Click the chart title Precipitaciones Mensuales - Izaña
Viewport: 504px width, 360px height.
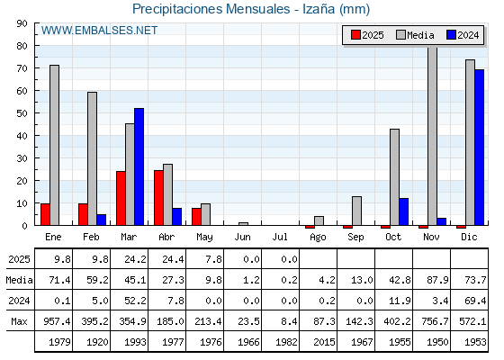coord(251,9)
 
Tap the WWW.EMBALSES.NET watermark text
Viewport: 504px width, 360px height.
coord(99,31)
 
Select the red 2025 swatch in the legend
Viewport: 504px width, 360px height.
coord(355,35)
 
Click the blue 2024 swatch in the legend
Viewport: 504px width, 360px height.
coord(451,35)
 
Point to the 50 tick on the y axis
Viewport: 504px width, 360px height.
coord(22,113)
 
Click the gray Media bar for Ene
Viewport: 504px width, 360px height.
coord(54,145)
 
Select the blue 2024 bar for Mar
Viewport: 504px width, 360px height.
coord(139,166)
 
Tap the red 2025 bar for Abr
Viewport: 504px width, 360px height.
coord(158,198)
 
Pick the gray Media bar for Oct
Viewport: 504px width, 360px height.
coord(395,177)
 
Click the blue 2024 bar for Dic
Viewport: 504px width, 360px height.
coord(479,148)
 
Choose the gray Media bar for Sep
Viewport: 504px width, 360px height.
coord(356,211)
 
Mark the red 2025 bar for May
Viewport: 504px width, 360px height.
coord(196,217)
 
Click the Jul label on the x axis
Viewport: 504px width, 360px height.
coord(280,238)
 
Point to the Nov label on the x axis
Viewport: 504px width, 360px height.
coord(431,238)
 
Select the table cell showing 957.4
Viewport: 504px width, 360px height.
coord(57,321)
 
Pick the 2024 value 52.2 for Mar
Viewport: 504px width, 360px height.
coord(135,301)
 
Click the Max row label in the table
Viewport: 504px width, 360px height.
coord(19,321)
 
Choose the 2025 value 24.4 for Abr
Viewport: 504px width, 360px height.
coord(173,259)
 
